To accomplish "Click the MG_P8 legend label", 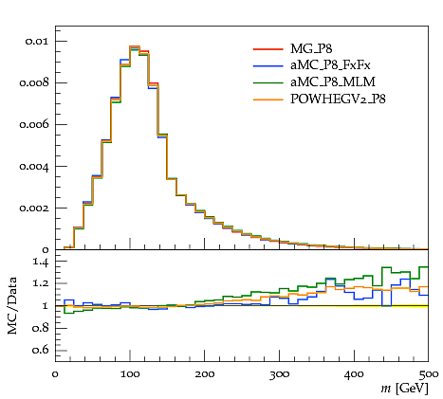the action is point(311,49).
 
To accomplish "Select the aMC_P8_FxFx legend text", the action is point(330,65).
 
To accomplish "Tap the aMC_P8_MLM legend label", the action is point(333,82).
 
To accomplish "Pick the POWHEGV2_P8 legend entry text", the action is point(338,99).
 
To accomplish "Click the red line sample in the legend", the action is point(268,49).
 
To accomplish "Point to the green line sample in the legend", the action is point(268,82).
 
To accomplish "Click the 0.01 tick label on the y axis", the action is point(37,41).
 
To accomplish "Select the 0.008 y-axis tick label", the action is point(34,82).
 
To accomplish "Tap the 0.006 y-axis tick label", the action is point(34,124).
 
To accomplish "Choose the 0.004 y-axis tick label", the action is point(34,167).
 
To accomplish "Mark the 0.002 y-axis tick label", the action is point(34,209).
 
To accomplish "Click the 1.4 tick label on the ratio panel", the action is point(41,263).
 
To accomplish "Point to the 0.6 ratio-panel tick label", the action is point(41,350).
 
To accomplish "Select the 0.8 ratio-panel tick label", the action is point(41,328).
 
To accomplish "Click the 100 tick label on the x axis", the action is point(130,374).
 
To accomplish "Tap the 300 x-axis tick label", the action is point(280,374).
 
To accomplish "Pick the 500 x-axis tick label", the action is point(429,374).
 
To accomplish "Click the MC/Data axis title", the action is point(12,306).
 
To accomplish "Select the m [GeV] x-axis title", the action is point(404,389).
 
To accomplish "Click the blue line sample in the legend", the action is point(268,65).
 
